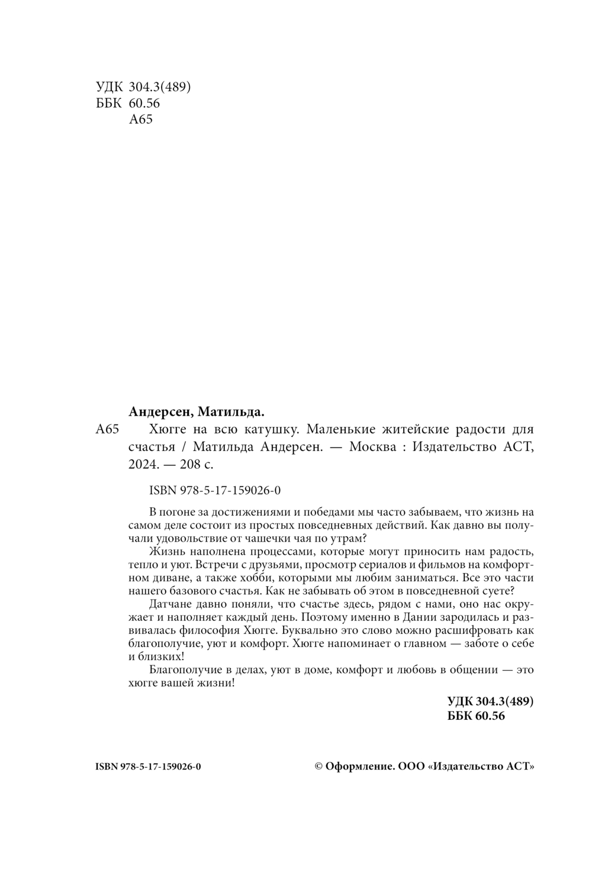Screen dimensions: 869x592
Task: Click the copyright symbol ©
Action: (x=318, y=766)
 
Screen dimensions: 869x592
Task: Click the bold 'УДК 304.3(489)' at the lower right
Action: (x=491, y=701)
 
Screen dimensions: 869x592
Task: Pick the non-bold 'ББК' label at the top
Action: (x=108, y=103)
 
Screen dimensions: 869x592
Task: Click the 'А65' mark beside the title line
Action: (x=107, y=430)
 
